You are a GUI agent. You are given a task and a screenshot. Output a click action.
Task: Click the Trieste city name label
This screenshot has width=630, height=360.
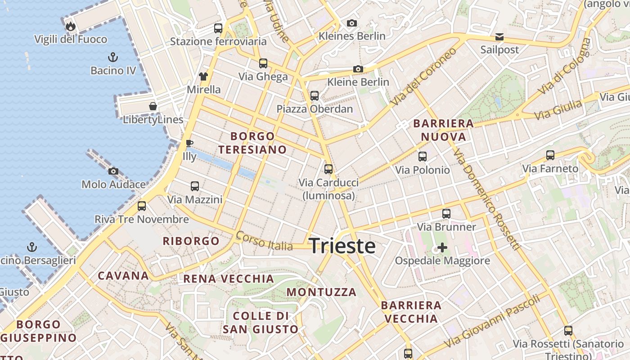tap(342, 246)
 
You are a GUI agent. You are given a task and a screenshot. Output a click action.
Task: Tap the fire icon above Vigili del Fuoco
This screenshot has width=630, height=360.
tap(71, 26)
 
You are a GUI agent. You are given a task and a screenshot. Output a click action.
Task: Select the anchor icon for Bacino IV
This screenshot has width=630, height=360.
tap(113, 57)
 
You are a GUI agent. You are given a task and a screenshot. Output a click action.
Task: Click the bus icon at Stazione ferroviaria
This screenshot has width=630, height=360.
tap(218, 28)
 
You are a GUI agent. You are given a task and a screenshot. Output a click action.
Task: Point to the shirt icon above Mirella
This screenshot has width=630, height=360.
tap(203, 76)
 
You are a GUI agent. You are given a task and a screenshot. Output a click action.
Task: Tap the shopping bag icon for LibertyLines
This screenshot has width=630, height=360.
tap(153, 106)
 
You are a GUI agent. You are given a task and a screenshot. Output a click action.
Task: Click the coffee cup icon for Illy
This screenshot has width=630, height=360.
tap(189, 144)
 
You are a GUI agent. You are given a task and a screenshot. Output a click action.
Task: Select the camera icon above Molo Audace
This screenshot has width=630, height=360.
tap(113, 171)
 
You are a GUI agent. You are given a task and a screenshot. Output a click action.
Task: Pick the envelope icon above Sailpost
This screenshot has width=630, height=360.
tap(499, 37)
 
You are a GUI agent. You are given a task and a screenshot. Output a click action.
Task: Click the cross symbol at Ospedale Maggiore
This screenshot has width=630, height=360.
tap(442, 247)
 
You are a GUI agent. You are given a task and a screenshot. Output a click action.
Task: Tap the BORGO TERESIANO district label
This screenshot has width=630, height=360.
tap(252, 143)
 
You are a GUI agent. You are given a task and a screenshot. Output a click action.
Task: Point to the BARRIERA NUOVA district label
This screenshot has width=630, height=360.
tap(443, 130)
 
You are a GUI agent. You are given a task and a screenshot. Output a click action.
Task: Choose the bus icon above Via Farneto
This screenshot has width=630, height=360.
tap(550, 155)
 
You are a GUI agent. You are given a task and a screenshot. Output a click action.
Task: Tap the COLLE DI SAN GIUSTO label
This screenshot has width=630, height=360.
tap(261, 323)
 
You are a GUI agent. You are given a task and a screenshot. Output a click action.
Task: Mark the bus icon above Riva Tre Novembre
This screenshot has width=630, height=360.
tap(142, 206)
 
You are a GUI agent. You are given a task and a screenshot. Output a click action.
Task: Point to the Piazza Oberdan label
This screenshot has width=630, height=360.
tap(315, 109)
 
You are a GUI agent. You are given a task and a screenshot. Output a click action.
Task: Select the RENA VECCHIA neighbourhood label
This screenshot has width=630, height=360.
tap(229, 279)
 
